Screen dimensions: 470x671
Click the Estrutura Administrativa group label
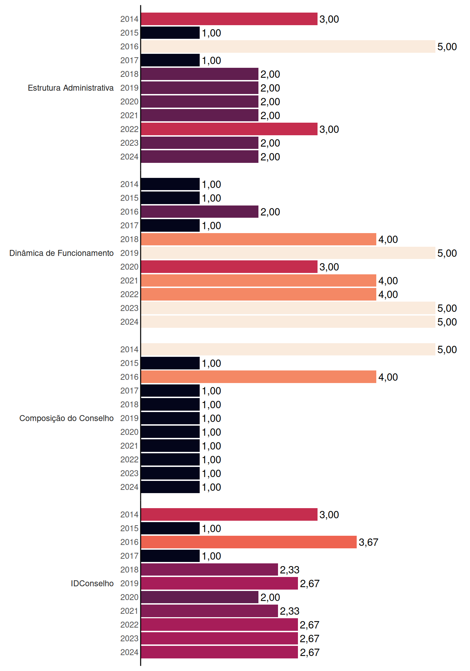(x=71, y=88)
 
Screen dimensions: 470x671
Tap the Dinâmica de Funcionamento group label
(x=62, y=253)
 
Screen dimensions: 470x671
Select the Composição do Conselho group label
(x=66, y=418)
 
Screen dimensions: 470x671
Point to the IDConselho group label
(x=92, y=583)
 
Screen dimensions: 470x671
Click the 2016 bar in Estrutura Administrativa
(x=288, y=46)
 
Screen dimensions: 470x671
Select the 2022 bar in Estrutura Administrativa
(x=229, y=129)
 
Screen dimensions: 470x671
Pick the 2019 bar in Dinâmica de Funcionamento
(x=288, y=253)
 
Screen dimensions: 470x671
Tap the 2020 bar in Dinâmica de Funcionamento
(x=229, y=267)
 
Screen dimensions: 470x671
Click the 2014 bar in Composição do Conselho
(x=288, y=349)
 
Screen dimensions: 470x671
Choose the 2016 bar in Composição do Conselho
(x=259, y=377)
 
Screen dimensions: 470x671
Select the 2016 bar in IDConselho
(x=249, y=542)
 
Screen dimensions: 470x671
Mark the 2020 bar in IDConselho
(x=200, y=597)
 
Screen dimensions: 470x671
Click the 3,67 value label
(x=369, y=542)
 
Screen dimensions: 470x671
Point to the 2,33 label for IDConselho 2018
(x=290, y=570)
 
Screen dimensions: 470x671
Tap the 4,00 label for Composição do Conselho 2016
(x=388, y=377)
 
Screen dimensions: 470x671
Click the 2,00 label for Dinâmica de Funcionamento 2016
(x=270, y=212)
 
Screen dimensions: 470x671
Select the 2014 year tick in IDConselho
(x=129, y=515)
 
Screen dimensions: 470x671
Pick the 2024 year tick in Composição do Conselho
(x=129, y=487)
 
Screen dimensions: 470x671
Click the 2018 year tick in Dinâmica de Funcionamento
(x=129, y=239)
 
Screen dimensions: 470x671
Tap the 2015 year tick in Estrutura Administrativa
(x=129, y=33)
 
